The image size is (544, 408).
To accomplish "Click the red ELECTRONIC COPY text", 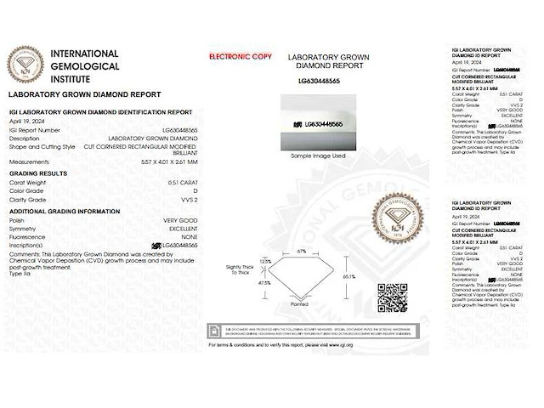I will click(x=241, y=57).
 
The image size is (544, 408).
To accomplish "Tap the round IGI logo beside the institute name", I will click(x=25, y=64).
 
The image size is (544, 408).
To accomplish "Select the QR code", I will click(x=392, y=298).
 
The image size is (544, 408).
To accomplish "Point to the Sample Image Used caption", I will click(x=318, y=156).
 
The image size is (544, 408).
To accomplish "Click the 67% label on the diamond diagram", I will click(x=302, y=252).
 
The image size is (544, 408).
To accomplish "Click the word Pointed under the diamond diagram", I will click(x=299, y=303).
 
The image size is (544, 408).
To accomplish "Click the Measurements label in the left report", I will click(x=29, y=161).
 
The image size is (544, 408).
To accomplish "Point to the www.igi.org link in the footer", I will click(x=339, y=345).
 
